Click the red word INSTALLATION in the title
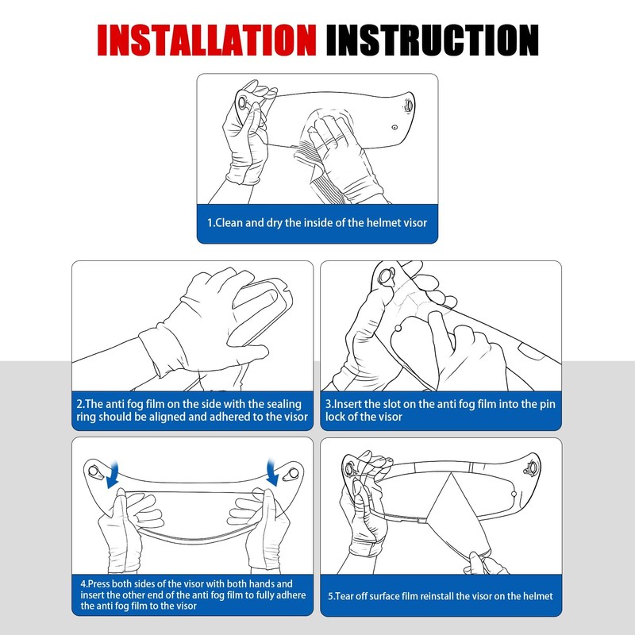(206, 40)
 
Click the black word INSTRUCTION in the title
(432, 40)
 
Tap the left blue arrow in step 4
(112, 474)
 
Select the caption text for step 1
(317, 223)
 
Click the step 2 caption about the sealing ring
(192, 410)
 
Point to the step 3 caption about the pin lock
(441, 410)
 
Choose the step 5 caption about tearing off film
(441, 596)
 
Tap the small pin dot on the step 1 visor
(394, 128)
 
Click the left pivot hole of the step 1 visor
(242, 103)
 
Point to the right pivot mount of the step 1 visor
(408, 106)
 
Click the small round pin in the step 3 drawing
(398, 328)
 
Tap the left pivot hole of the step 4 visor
(94, 471)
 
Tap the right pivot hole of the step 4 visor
(294, 473)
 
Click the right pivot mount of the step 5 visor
(531, 469)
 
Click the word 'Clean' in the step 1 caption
(229, 223)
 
